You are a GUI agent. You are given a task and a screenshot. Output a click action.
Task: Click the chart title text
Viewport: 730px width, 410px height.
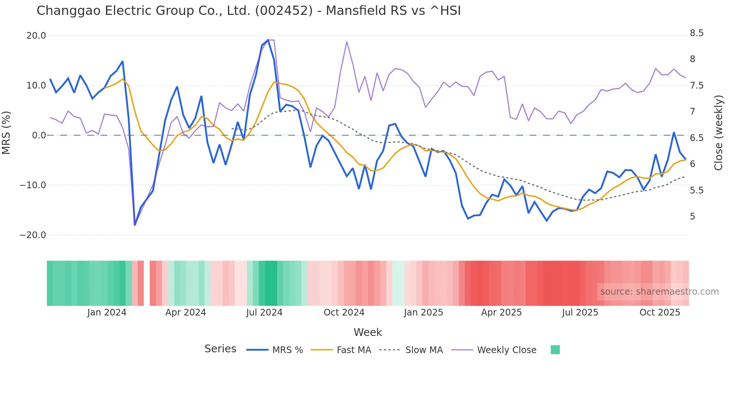click(x=248, y=11)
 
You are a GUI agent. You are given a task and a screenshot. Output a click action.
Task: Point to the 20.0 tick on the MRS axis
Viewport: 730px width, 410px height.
click(x=36, y=36)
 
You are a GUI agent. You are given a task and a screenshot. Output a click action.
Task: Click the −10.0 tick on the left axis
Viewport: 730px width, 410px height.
click(x=33, y=185)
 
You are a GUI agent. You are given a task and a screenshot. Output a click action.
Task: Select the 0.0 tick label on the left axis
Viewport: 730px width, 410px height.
click(x=39, y=135)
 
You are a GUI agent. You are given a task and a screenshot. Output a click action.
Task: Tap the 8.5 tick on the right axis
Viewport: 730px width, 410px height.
click(x=696, y=33)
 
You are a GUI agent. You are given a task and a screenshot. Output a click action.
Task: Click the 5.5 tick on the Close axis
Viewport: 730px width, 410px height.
click(x=696, y=190)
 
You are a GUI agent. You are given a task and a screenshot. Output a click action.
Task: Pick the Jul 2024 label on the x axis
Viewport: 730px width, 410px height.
click(x=264, y=313)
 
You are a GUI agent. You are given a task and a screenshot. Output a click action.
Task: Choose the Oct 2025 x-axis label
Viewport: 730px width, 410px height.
click(x=660, y=313)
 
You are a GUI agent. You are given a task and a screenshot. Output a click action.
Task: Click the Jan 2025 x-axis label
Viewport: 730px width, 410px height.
click(x=423, y=313)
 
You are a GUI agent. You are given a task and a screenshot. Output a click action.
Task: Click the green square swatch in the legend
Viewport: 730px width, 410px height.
click(x=555, y=350)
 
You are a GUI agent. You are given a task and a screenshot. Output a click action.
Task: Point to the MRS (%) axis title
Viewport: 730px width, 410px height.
click(x=6, y=133)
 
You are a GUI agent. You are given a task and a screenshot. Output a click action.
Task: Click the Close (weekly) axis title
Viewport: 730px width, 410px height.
click(x=718, y=133)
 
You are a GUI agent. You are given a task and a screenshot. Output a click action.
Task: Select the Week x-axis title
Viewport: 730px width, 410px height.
click(x=368, y=332)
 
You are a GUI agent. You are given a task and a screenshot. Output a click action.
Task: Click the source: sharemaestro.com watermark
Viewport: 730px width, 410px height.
click(x=659, y=292)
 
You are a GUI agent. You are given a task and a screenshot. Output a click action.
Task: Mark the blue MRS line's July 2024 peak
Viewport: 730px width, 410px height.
click(x=268, y=40)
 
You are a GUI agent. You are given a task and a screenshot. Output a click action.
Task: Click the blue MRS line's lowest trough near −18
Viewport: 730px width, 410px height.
click(x=135, y=225)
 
